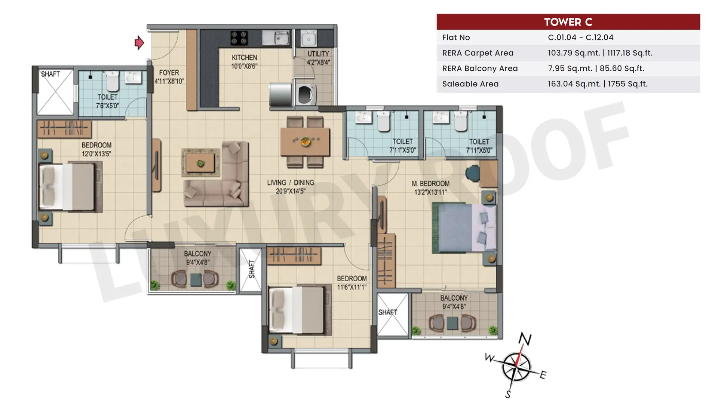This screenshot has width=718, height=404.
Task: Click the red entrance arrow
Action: (139, 43)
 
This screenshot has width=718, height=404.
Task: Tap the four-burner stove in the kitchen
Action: (239, 38)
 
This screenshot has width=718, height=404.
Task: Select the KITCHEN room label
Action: (244, 58)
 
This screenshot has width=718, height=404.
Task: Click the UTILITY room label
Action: (318, 54)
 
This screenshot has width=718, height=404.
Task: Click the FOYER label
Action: (169, 73)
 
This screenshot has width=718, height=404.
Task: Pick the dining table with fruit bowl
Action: (305, 141)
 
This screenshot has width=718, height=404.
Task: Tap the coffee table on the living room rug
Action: (200, 163)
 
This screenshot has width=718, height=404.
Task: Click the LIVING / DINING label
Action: (291, 183)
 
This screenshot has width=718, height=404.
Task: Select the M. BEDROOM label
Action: (430, 184)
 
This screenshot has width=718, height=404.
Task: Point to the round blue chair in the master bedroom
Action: (472, 174)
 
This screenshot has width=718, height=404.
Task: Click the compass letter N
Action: (525, 339)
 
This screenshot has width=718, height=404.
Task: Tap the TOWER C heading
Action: (568, 22)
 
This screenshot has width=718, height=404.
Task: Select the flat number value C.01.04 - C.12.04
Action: (581, 37)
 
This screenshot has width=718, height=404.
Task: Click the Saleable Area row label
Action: (470, 84)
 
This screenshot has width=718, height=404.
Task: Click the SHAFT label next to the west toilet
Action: (50, 74)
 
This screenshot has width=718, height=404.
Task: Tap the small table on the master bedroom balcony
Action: (452, 323)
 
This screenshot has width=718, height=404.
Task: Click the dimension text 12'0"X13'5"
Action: (96, 154)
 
